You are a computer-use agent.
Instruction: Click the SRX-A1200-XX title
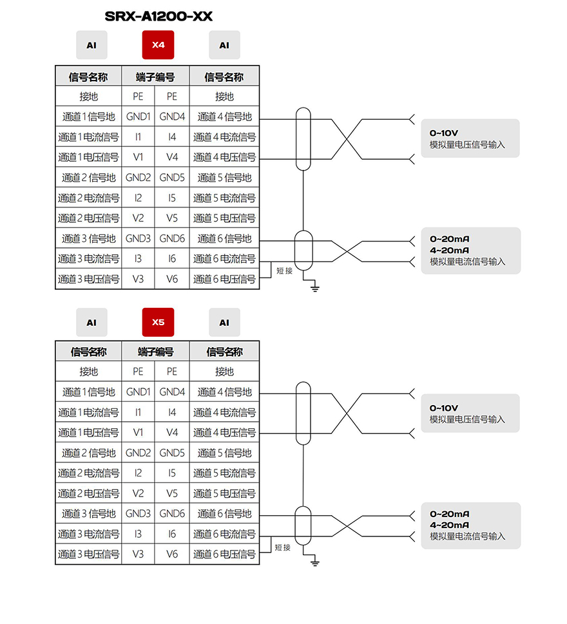point(159,16)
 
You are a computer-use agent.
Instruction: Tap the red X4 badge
point(158,44)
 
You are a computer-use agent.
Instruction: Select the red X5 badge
point(158,322)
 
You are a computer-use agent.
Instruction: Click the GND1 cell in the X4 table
point(138,117)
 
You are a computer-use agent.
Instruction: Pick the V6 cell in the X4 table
point(172,279)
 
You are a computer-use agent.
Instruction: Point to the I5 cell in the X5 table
point(171,473)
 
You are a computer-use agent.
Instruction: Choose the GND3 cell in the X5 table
point(138,513)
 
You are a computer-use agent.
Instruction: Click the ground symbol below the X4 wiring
point(315,287)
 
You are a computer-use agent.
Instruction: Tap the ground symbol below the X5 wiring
point(315,562)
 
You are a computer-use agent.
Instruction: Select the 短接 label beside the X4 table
point(284,270)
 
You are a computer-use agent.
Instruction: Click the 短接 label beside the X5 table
point(283,547)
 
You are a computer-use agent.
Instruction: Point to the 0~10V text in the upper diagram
point(443,133)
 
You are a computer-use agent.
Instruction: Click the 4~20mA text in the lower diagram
point(449,525)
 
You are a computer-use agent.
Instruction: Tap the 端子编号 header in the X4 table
point(155,77)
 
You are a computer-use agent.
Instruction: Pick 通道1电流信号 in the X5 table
point(88,412)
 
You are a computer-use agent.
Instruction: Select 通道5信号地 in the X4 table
point(225,178)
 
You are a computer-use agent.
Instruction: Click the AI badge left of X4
point(91,45)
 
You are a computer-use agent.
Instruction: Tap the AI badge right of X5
point(225,323)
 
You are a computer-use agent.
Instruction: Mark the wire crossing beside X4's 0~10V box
point(347,139)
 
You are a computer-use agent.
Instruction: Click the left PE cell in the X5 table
point(138,372)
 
